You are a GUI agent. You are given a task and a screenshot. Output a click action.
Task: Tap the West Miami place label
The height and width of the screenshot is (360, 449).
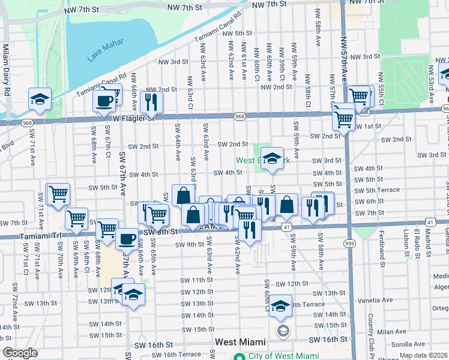pyautogui.click(x=240, y=342)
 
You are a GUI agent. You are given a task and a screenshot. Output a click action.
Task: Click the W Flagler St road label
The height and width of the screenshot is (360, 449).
pyautogui.click(x=134, y=118)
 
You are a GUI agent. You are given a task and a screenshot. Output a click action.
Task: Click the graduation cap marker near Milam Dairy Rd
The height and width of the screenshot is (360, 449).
pyautogui.click(x=40, y=99)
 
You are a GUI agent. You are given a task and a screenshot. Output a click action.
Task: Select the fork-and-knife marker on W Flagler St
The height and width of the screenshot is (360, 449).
pyautogui.click(x=151, y=103)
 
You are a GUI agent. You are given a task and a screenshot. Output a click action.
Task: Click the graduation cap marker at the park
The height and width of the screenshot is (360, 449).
pyautogui.click(x=272, y=159)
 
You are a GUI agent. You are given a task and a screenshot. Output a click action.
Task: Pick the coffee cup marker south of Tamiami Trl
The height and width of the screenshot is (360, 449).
pyautogui.click(x=126, y=239)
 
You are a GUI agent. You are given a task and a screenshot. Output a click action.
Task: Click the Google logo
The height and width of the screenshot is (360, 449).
pyautogui.click(x=20, y=353)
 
